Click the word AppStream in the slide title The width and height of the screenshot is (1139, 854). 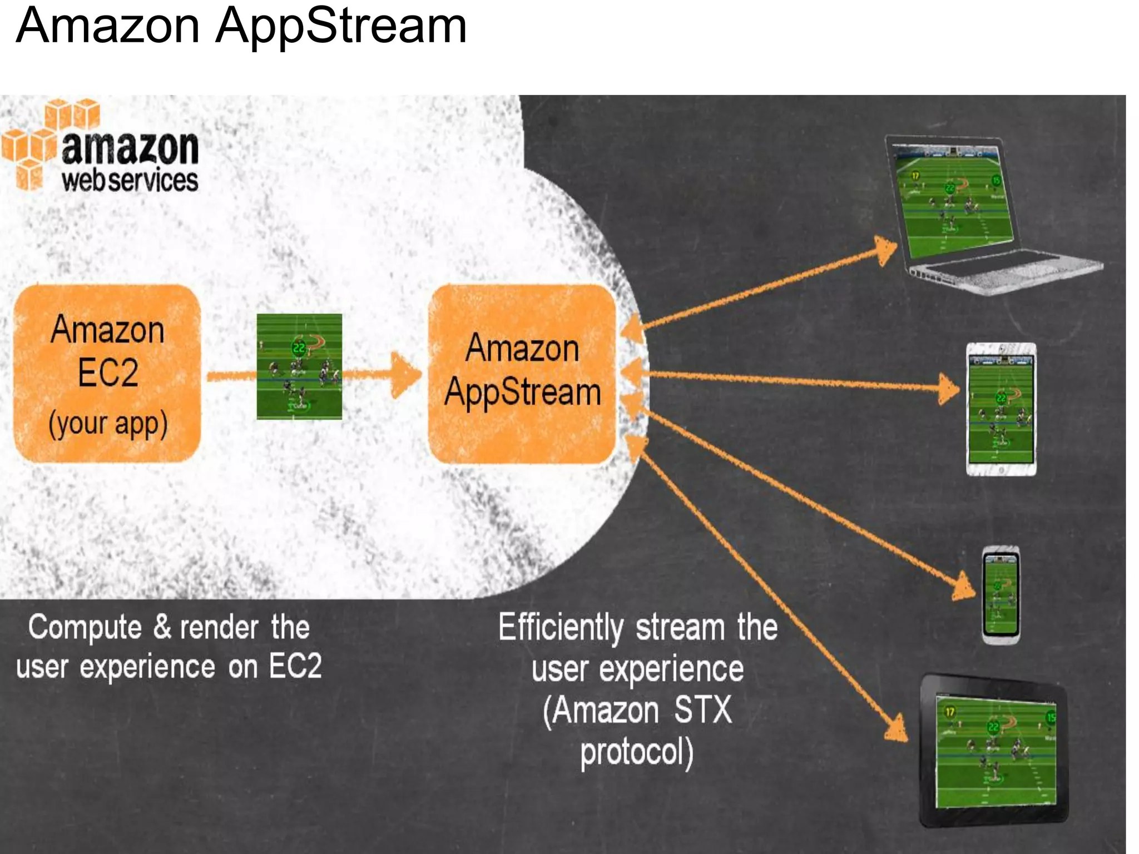point(341,27)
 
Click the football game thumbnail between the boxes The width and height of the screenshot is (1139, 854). point(299,366)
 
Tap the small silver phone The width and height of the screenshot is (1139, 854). point(1001,595)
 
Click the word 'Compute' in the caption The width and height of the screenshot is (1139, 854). point(85,628)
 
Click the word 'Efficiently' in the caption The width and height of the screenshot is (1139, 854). point(560,628)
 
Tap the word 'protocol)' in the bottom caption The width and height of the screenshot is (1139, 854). point(637,752)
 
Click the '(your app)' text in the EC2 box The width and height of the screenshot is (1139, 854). point(108,424)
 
